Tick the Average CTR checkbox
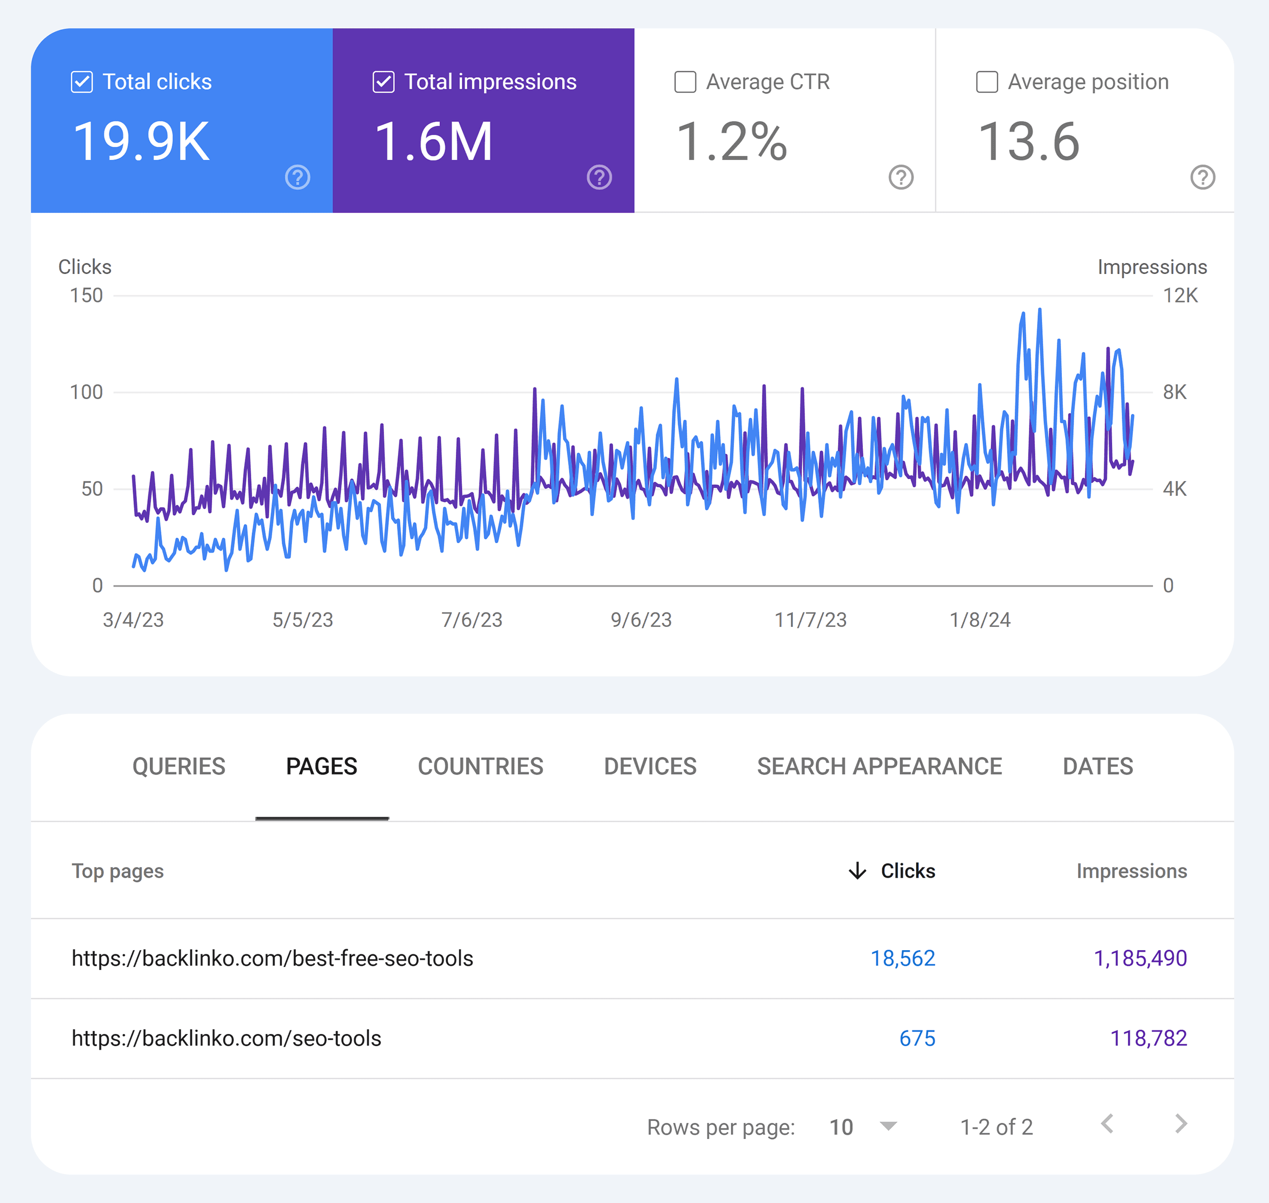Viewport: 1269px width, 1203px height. pyautogui.click(x=685, y=82)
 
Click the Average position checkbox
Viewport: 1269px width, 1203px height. pyautogui.click(x=986, y=82)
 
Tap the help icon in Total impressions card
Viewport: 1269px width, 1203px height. pyautogui.click(x=599, y=177)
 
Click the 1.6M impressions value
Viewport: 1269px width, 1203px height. pyautogui.click(x=433, y=142)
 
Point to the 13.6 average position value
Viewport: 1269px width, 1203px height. pyautogui.click(x=1028, y=142)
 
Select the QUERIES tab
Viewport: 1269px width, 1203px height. pyautogui.click(x=178, y=766)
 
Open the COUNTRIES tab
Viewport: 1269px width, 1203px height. pyautogui.click(x=480, y=766)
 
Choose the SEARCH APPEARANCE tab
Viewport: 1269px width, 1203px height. pyautogui.click(x=879, y=766)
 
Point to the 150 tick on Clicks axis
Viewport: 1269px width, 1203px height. pyautogui.click(x=87, y=295)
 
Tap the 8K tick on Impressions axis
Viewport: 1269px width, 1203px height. pyautogui.click(x=1175, y=392)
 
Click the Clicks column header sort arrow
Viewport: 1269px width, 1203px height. pyautogui.click(x=857, y=871)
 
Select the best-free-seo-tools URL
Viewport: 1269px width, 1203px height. pyautogui.click(x=272, y=958)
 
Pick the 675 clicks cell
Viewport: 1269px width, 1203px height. pyautogui.click(x=916, y=1038)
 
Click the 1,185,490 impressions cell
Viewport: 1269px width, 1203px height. pyautogui.click(x=1140, y=958)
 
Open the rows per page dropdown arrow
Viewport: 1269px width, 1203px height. pyautogui.click(x=888, y=1126)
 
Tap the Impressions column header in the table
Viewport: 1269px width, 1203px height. pyautogui.click(x=1131, y=871)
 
